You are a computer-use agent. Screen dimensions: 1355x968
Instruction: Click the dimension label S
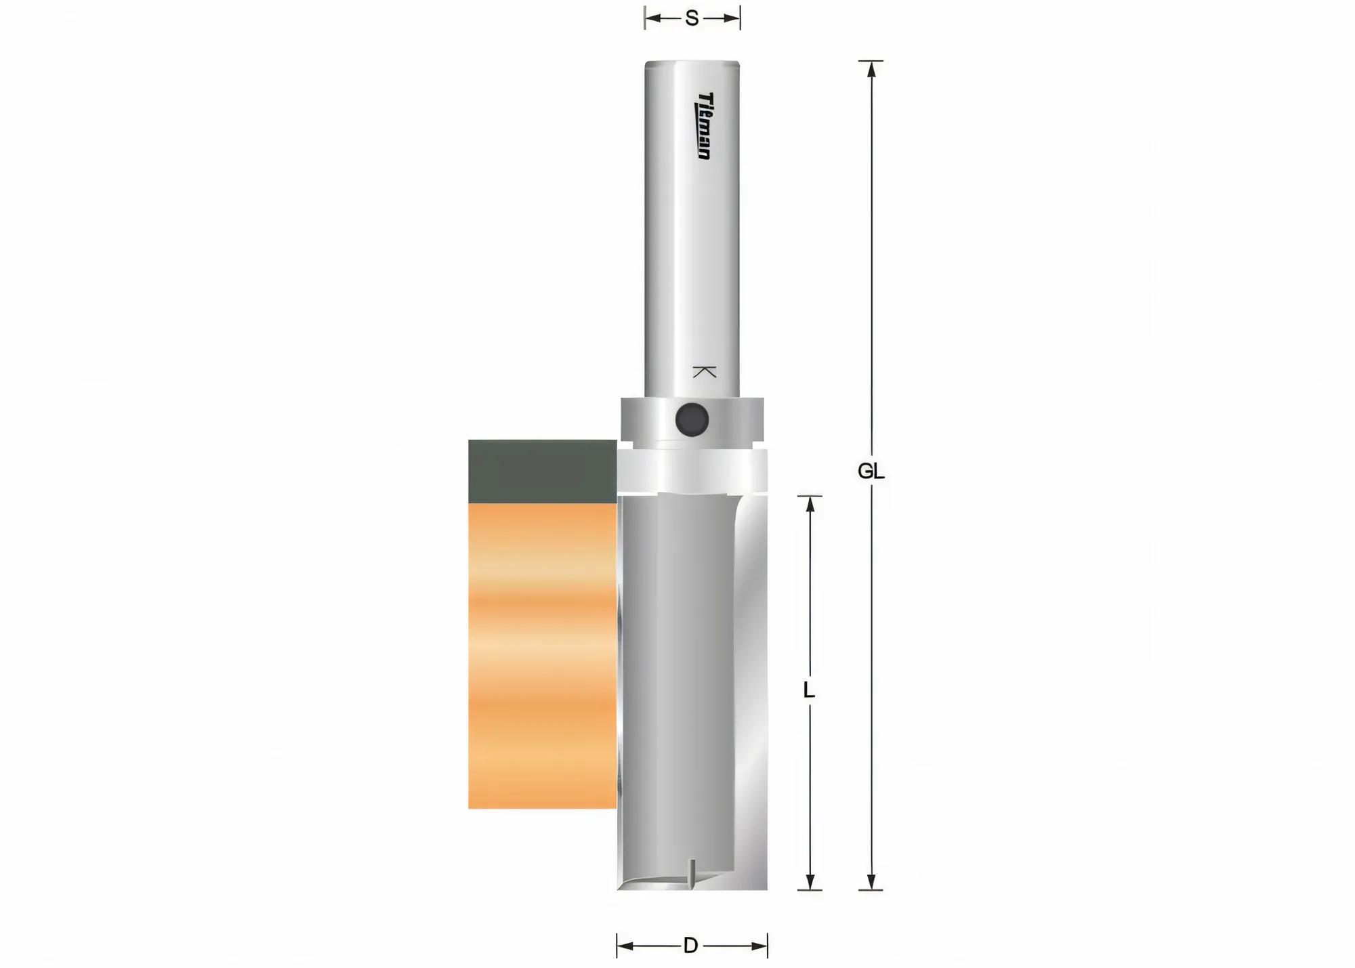692,18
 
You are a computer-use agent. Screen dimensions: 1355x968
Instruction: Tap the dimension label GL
871,471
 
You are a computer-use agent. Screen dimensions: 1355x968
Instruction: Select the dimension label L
809,690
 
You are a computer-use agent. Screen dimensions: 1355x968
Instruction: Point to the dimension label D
690,946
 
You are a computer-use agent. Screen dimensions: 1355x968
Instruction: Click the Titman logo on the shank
705,126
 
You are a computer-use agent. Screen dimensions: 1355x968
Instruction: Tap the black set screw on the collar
692,419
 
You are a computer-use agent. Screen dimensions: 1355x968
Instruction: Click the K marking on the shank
705,372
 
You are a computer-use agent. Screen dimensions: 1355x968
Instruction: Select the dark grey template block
542,471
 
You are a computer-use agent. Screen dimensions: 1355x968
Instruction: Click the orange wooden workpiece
542,656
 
